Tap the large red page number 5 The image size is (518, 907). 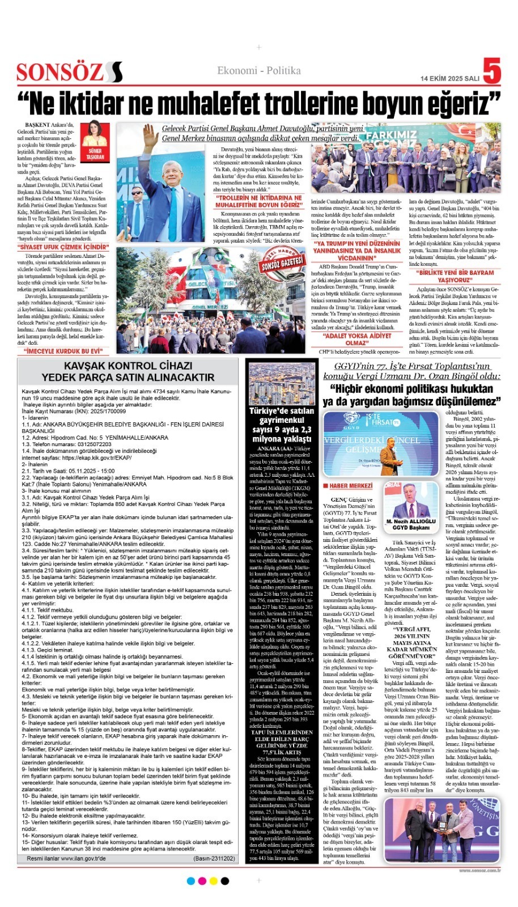(x=492, y=73)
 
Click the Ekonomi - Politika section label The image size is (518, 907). (x=259, y=70)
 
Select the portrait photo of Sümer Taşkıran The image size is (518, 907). (x=94, y=140)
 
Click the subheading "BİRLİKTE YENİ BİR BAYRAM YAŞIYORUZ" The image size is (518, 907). (x=455, y=276)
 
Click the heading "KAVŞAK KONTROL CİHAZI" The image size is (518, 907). (x=128, y=366)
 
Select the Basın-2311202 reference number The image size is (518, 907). (x=214, y=859)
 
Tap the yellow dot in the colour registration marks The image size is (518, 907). (x=213, y=881)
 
